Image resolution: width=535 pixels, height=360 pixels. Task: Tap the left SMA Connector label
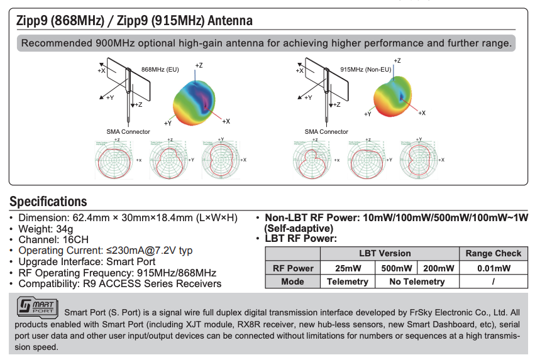tap(128, 132)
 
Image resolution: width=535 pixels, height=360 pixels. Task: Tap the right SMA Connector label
tap(326, 132)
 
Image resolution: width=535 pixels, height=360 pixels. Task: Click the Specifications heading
tap(48, 202)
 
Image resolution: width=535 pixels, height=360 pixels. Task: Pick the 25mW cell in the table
tap(348, 268)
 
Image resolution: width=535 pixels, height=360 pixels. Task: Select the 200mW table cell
tap(438, 268)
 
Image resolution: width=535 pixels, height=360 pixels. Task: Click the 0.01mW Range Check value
tap(494, 268)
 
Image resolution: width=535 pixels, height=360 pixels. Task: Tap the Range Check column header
tap(494, 254)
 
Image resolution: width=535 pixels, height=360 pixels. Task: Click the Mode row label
tap(292, 282)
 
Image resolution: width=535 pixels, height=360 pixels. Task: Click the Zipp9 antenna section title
tap(135, 21)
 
